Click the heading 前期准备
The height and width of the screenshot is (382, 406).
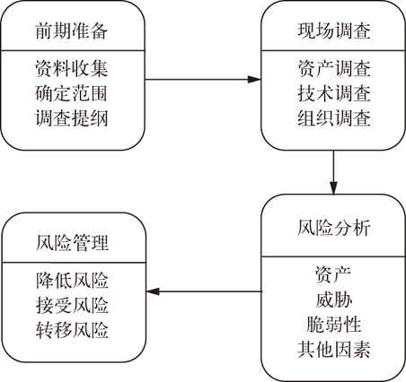tap(72, 30)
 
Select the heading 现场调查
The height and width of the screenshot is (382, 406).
tap(334, 30)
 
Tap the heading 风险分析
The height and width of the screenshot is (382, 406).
tap(334, 228)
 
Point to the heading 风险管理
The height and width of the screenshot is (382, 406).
tap(72, 242)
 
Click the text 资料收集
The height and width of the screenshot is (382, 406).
tap(72, 68)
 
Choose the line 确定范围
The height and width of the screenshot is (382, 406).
tap(71, 93)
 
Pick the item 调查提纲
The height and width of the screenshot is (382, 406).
tap(72, 117)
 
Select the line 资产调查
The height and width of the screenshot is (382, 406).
tap(334, 68)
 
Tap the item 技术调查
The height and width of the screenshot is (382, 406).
tap(334, 93)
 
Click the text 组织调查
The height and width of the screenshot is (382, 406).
tap(334, 117)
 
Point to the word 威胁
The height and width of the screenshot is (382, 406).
tap(333, 300)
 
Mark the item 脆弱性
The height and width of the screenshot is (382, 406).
tap(333, 325)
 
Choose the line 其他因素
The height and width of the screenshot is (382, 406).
tap(334, 349)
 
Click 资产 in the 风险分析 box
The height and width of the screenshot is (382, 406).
tap(333, 275)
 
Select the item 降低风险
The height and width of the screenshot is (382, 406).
tap(72, 280)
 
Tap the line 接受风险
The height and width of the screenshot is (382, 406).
tap(72, 305)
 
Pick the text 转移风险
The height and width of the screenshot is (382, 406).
tap(72, 330)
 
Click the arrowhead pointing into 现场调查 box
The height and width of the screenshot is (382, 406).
tap(254, 80)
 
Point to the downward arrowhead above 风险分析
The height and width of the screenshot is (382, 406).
tap(333, 187)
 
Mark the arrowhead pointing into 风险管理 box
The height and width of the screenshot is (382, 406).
tap(153, 291)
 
